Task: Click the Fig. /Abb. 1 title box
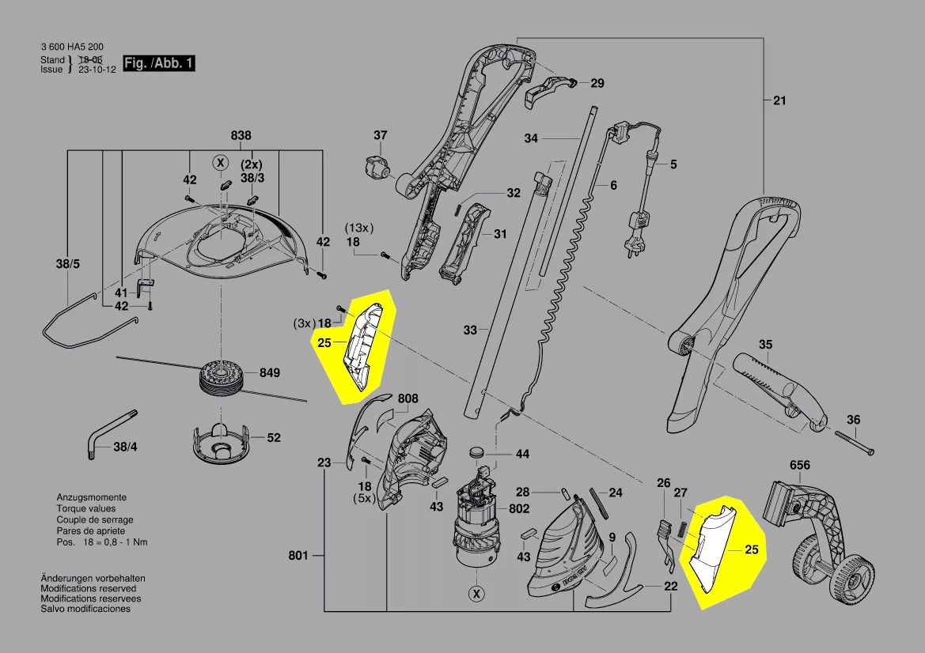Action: pyautogui.click(x=158, y=63)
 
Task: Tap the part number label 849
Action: pyautogui.click(x=270, y=372)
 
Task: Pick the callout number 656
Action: pyautogui.click(x=800, y=466)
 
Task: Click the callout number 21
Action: pyautogui.click(x=781, y=100)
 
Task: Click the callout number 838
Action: pyautogui.click(x=241, y=136)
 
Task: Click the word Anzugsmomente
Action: pyautogui.click(x=91, y=498)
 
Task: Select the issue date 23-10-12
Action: pyautogui.click(x=97, y=70)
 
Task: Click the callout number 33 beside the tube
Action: pyautogui.click(x=470, y=330)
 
